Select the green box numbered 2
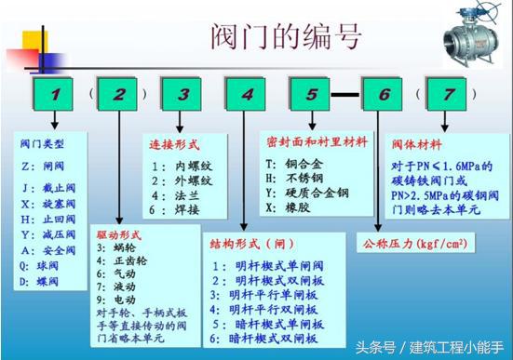pyautogui.click(x=120, y=94)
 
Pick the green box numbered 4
pyautogui.click(x=246, y=94)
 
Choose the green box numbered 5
pyautogui.click(x=310, y=94)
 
